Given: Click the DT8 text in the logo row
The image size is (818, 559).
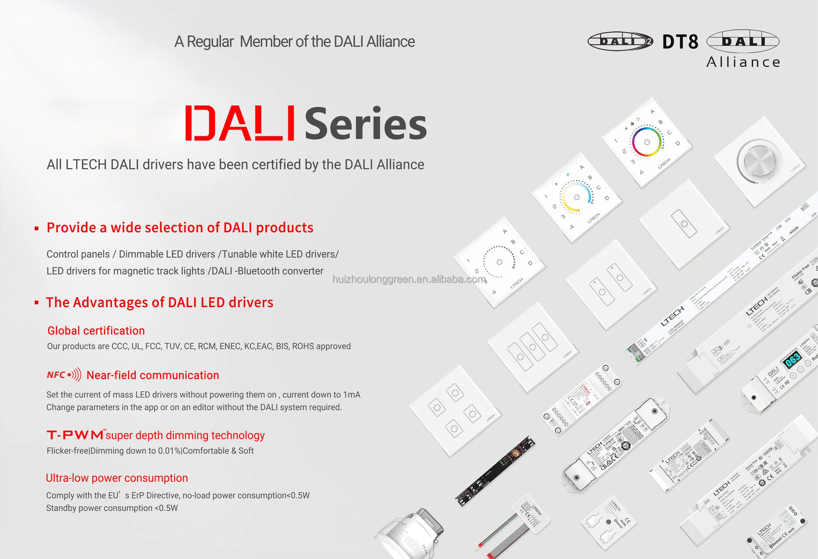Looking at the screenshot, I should (680, 42).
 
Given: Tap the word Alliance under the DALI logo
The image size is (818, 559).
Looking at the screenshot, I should (743, 62).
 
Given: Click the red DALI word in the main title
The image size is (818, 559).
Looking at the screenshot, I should (240, 123).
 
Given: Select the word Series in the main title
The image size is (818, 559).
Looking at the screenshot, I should (366, 124).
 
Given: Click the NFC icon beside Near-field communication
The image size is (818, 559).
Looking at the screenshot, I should (64, 375).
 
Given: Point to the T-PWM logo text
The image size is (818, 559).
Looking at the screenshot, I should (75, 435).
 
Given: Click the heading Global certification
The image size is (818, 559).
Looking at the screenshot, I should (96, 330).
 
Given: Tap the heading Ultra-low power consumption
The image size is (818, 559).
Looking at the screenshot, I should (117, 478).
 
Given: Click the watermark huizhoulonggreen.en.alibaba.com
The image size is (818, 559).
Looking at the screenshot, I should (409, 279).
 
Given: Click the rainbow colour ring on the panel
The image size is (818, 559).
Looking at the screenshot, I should (647, 141).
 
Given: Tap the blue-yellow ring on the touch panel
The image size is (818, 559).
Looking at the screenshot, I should (576, 197).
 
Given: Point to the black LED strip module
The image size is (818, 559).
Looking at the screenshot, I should (495, 471).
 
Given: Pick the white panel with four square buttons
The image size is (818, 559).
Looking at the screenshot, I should (454, 411).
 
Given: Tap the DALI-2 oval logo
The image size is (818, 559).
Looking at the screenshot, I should (620, 41).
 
